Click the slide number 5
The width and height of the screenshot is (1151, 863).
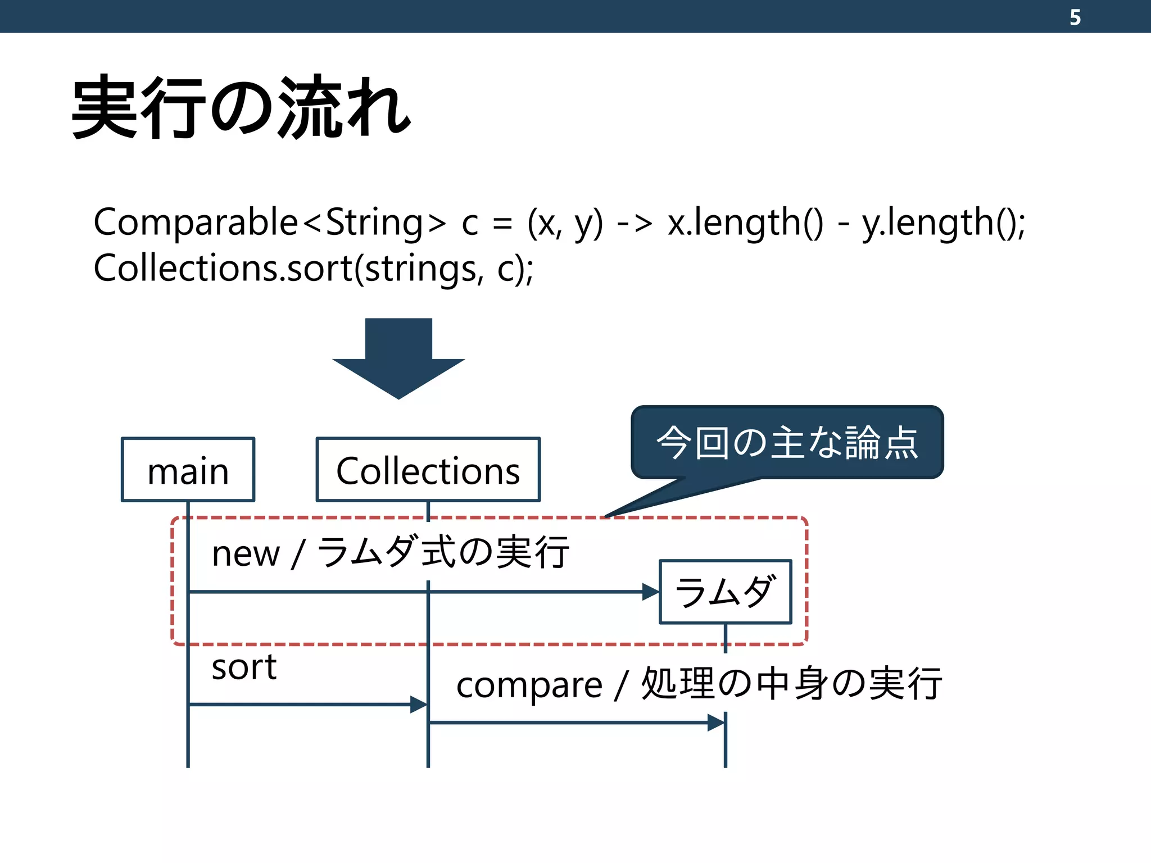[1075, 17]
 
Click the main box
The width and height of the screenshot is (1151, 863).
[188, 470]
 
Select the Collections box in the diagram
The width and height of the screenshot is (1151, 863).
[428, 470]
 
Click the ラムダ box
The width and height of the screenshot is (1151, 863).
[725, 592]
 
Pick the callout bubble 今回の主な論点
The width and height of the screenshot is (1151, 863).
[787, 442]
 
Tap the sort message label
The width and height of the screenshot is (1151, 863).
[244, 667]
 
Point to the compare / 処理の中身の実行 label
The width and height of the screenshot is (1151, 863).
[699, 684]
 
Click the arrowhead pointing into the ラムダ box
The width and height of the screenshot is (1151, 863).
[651, 592]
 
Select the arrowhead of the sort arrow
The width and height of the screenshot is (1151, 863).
[419, 704]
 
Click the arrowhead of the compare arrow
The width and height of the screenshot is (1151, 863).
[716, 723]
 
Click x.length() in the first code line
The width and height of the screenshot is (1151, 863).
[745, 222]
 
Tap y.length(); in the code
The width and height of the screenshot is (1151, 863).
[944, 222]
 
